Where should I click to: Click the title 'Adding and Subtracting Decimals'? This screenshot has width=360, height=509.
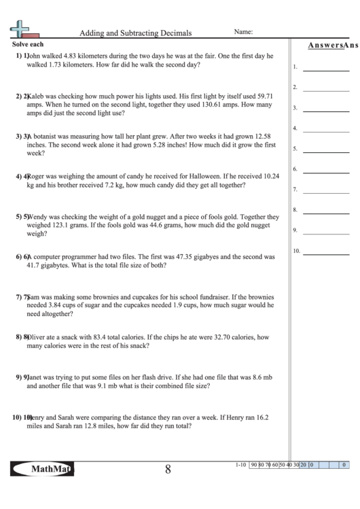point(135,32)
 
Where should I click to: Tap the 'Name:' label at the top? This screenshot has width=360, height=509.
point(244,31)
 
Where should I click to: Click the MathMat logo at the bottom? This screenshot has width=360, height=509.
point(43,470)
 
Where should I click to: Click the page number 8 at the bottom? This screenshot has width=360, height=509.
point(167,470)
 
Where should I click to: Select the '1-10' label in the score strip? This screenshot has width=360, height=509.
point(238,465)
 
